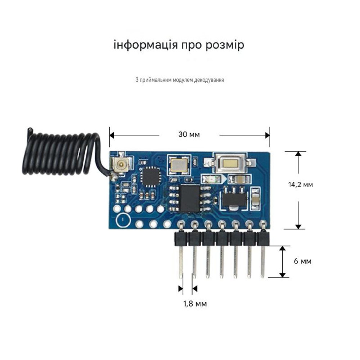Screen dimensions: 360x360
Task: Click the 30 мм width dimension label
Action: [189, 134]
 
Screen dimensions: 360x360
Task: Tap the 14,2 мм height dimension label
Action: [300, 185]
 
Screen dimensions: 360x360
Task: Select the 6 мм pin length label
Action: [303, 261]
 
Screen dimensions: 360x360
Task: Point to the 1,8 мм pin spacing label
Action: [195, 304]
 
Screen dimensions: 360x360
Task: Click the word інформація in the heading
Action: [146, 45]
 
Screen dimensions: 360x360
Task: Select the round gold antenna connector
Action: [120, 164]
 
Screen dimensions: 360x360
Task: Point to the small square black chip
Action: [150, 177]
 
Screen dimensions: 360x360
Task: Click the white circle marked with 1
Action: [123, 220]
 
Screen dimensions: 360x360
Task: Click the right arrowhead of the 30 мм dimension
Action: [267, 135]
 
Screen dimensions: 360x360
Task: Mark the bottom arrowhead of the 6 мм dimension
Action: [283, 275]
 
